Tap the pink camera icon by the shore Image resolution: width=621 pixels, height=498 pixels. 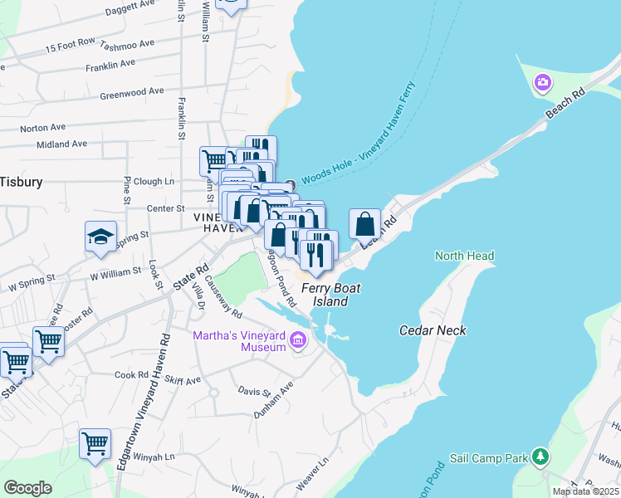543,81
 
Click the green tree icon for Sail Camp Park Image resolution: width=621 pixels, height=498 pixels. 540,456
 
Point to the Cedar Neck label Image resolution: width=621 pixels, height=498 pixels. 433,330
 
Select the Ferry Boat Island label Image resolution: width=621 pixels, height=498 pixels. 324,295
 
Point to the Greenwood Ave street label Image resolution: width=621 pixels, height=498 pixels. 132,92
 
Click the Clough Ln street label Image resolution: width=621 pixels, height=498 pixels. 154,181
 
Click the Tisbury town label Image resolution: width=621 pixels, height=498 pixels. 21,181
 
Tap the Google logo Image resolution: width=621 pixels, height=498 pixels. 27,488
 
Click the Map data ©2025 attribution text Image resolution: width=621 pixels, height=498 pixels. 585,491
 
